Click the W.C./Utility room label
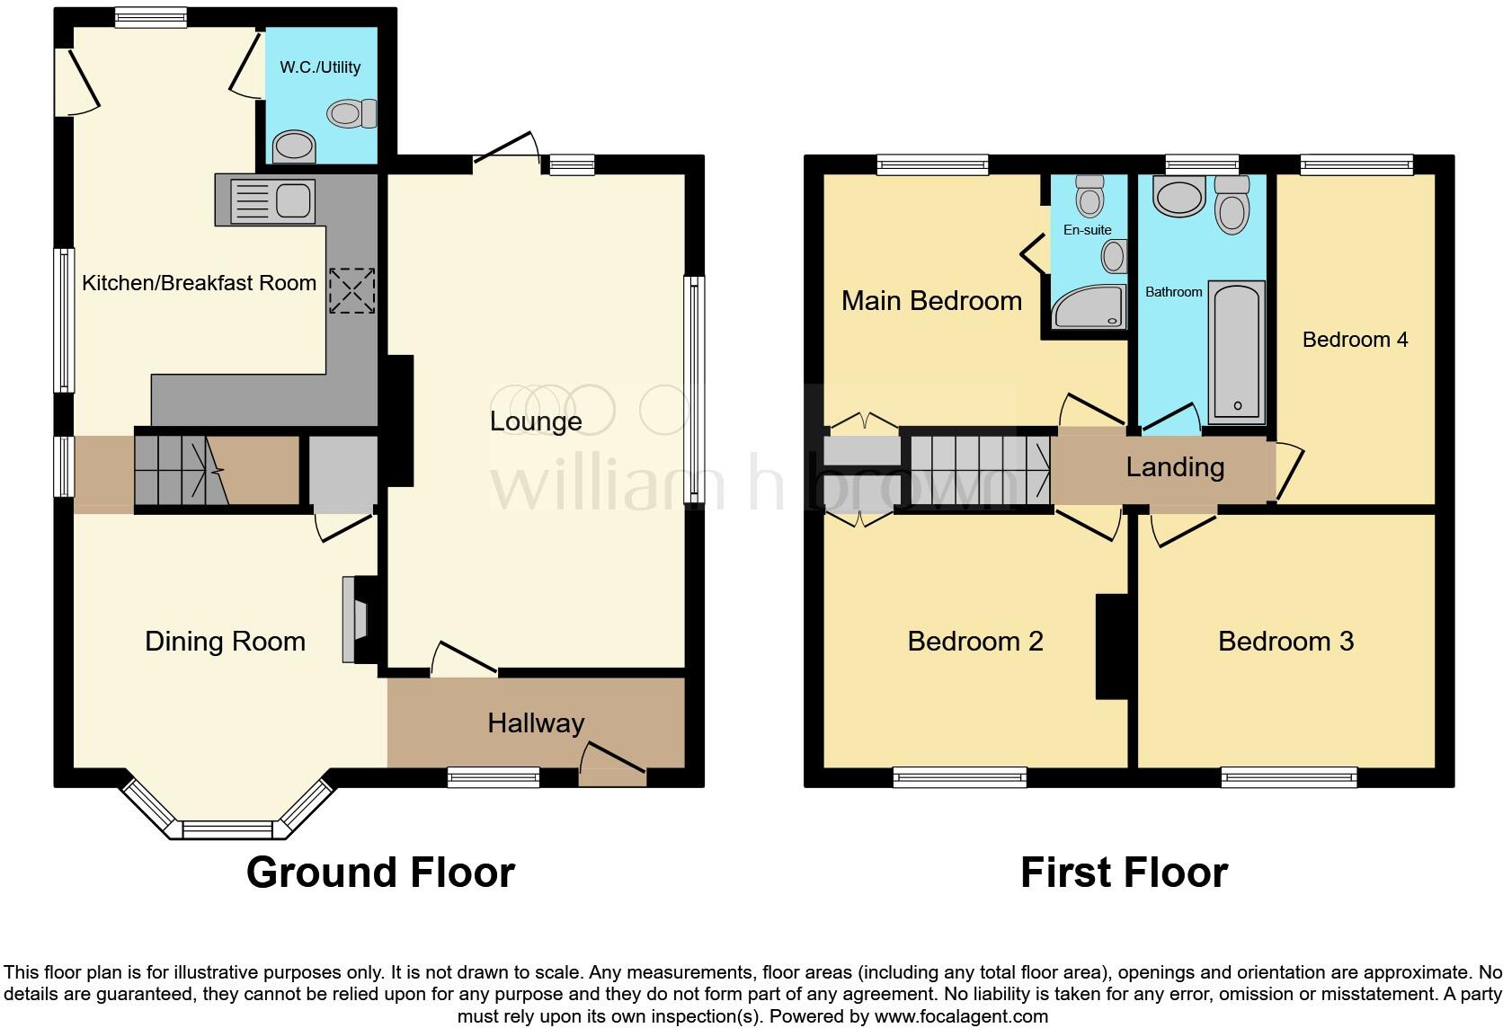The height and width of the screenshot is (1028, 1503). coord(320,67)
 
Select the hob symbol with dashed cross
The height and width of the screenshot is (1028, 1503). coord(351,291)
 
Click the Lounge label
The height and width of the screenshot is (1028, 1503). coord(536,421)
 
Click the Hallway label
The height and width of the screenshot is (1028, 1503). coord(536,723)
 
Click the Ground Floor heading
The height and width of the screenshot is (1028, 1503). coord(380,873)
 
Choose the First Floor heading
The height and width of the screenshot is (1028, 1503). coord(1124,873)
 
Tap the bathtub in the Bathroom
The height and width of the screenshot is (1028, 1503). coord(1237,352)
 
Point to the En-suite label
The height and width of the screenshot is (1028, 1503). coord(1087,230)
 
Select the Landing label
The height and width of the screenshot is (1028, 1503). coord(1175,467)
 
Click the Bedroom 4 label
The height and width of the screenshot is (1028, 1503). coord(1355,340)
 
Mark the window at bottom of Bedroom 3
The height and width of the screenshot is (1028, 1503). coord(1288,777)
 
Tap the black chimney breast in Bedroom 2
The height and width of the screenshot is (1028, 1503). coord(1111,645)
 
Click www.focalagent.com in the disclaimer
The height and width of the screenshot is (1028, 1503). coord(960,1017)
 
